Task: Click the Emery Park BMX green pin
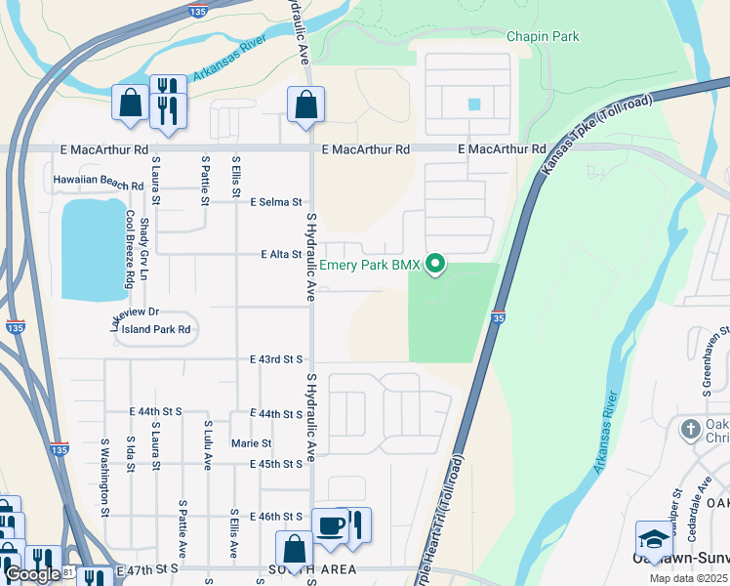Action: [437, 264]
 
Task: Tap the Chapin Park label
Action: [543, 37]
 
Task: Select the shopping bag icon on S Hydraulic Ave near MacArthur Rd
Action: [305, 105]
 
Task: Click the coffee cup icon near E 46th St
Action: [331, 525]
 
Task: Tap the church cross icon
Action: [690, 429]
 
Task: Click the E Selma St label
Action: [275, 202]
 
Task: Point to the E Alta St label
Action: [281, 254]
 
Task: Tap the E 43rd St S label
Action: [276, 359]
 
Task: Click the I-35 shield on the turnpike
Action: [498, 316]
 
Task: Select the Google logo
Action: [32, 574]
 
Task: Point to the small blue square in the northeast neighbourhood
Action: [473, 105]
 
